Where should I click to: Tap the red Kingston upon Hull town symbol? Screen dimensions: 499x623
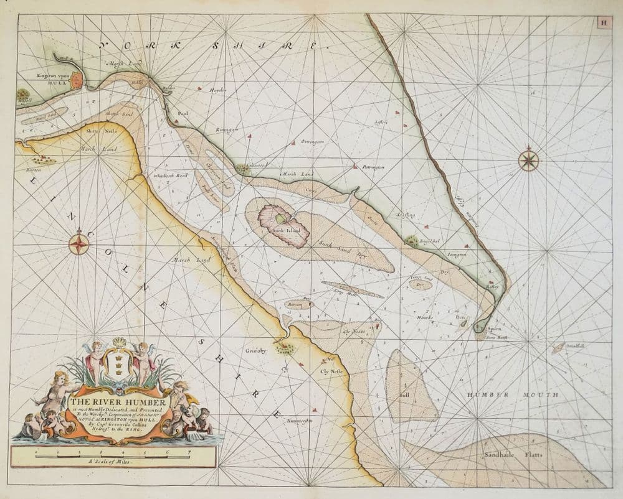coord(77,80)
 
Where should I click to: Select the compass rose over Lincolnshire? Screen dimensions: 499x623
coord(79,243)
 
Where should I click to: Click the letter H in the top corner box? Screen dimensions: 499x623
coord(603,22)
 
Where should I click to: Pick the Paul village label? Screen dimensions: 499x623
coord(183,114)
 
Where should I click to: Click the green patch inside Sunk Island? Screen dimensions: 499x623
coord(282,218)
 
